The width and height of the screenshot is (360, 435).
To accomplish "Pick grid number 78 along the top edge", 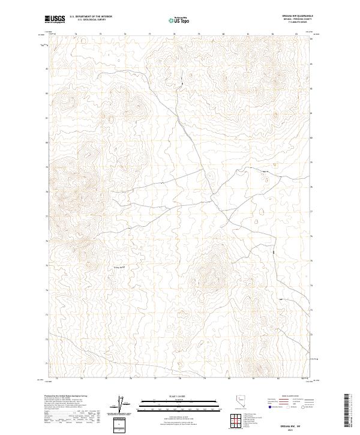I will [174, 34].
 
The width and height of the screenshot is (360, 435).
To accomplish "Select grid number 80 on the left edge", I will [48, 143].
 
